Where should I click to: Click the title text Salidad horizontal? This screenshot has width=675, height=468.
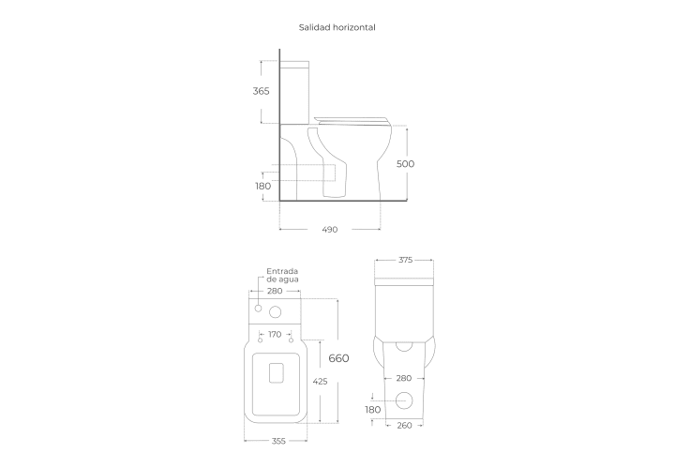coord(337,27)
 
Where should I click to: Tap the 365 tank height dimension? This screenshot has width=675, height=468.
coord(261,91)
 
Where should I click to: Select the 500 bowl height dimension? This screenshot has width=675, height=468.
coord(405,163)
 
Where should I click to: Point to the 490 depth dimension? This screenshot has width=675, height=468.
coord(330,230)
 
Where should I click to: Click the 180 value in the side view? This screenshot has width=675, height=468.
coord(263,186)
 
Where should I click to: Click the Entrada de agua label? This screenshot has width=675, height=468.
coord(282,275)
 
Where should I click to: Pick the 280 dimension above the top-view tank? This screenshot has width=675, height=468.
coord(275,291)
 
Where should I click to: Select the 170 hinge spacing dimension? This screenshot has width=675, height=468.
coord(275,334)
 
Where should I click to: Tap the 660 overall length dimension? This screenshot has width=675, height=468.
coord(338,358)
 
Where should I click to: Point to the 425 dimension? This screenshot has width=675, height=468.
coord(320,381)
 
